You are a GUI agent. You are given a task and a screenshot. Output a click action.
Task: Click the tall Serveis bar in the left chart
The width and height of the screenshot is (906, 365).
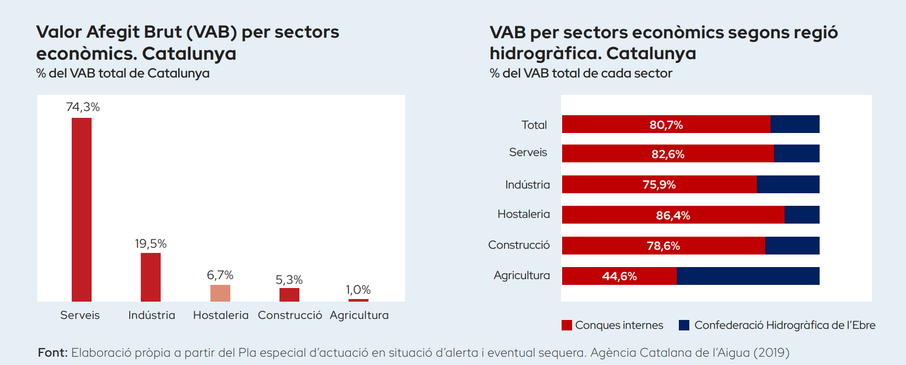(x=82, y=209)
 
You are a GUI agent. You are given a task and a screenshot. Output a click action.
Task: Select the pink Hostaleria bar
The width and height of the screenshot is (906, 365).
(x=220, y=293)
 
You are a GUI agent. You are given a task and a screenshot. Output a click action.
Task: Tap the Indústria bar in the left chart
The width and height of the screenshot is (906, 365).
(x=151, y=277)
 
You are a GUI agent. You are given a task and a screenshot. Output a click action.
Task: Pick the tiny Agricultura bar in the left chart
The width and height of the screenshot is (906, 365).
(x=359, y=300)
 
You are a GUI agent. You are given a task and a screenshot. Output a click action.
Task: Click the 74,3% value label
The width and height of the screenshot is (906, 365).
(x=83, y=107)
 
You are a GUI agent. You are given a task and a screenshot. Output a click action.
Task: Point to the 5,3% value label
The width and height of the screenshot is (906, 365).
(x=289, y=280)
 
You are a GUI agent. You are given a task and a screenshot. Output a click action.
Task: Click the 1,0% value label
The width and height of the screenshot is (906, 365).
(x=358, y=290)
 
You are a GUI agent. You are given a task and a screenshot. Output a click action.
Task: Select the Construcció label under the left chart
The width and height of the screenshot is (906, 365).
(x=290, y=315)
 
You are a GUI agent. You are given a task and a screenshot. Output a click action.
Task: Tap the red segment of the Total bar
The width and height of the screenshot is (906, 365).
(x=666, y=124)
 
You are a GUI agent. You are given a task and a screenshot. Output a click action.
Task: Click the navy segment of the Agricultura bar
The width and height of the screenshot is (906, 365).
(x=748, y=276)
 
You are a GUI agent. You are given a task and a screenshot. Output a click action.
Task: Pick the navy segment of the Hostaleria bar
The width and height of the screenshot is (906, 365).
(x=802, y=215)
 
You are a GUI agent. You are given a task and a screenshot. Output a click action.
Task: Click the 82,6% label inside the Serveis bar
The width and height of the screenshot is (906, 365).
(x=668, y=154)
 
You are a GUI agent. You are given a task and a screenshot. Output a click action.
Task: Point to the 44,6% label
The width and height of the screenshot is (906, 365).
(x=619, y=276)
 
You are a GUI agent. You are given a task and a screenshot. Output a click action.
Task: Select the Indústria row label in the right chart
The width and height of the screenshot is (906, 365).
(x=528, y=185)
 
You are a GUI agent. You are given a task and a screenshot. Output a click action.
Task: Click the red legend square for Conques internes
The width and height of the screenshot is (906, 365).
(x=566, y=325)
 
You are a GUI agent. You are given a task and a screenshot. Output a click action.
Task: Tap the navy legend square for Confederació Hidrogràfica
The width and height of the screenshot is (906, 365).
(x=684, y=325)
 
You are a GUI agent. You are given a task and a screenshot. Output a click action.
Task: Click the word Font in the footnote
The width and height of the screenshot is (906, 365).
(x=52, y=353)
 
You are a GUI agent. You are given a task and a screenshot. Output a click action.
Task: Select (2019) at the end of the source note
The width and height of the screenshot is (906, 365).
(x=771, y=353)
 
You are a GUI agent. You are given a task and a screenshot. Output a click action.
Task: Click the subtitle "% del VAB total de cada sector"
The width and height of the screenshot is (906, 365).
(x=580, y=73)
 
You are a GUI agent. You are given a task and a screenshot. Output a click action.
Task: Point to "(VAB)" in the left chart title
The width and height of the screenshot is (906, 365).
(x=212, y=32)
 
